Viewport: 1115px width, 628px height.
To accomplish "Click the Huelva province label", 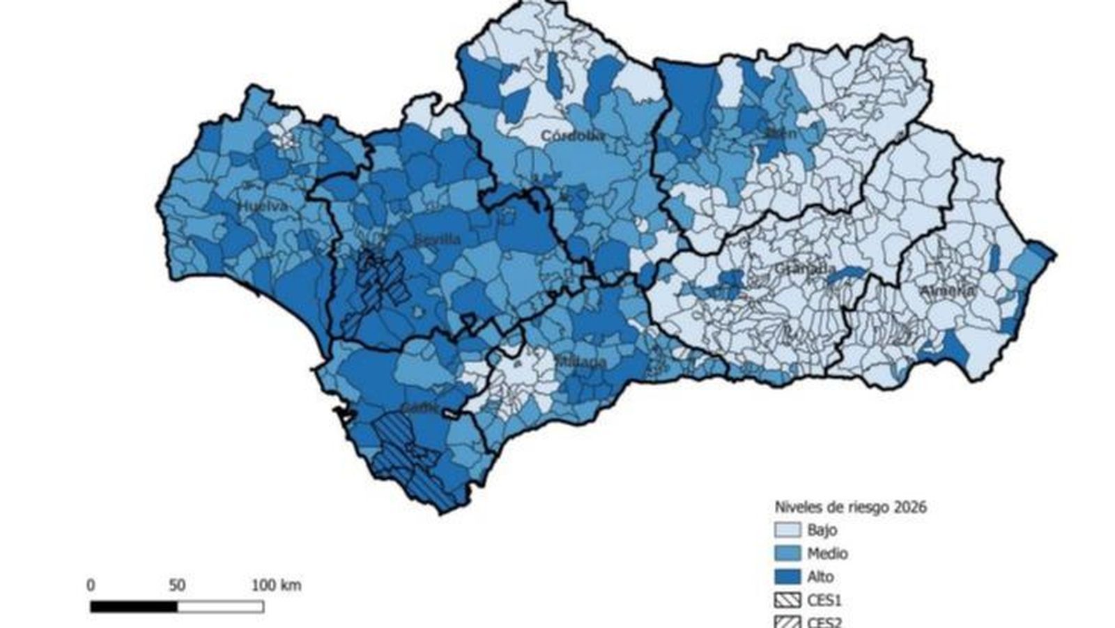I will [262, 206].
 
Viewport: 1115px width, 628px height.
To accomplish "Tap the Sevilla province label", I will [437, 240].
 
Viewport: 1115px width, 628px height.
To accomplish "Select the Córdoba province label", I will [573, 137].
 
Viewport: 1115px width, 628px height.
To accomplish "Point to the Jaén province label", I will [780, 132].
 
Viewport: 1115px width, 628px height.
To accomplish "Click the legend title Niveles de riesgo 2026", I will [850, 507].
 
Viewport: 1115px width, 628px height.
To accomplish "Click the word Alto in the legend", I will [820, 577].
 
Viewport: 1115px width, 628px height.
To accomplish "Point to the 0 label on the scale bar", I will [91, 585].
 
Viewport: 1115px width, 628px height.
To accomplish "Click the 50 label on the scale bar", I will [177, 585].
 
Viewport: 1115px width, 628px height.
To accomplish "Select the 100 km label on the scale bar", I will [276, 585].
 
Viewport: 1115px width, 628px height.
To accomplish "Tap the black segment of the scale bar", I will [133, 607].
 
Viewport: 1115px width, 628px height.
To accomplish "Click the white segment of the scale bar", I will [220, 607].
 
